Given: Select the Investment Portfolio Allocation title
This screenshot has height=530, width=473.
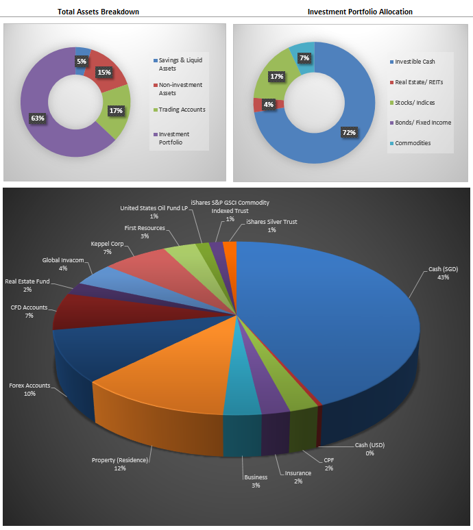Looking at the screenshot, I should coord(360,12).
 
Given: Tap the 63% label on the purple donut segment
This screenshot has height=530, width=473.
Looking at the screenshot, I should coord(37,118).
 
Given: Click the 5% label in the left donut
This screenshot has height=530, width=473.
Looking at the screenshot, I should coord(82,61).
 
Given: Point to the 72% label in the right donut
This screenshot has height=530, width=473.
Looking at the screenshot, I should coord(349,133).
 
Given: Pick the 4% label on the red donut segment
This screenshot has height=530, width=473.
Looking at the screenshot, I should coord(268,105).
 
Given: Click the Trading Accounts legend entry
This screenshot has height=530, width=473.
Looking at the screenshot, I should coord(182,110).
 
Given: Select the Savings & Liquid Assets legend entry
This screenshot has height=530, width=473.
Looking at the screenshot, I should coord(180,64).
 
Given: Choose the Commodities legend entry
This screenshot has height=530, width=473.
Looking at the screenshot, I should coord(413,143).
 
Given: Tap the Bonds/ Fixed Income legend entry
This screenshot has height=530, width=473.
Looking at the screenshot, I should coord(422,123).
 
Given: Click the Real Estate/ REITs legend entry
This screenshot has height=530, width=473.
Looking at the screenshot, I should coord(418,82).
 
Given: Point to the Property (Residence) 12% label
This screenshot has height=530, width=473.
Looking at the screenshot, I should coord(120,464).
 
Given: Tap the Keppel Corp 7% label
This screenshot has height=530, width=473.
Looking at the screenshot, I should coord(106,247).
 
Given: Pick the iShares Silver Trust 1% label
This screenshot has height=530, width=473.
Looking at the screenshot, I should coord(271,226).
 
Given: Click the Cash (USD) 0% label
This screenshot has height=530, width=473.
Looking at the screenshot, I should coord(369,449).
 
